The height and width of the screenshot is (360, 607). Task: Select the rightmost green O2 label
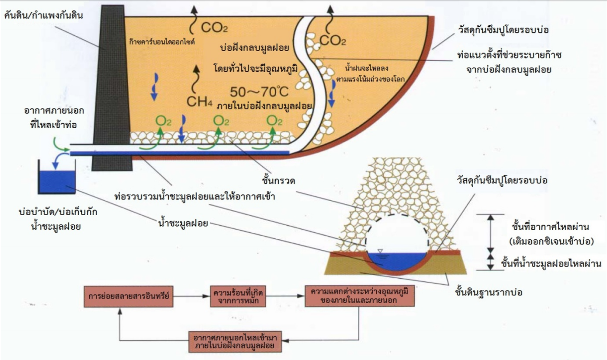[x=274, y=121]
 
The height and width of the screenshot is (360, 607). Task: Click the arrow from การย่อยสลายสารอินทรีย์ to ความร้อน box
[x=192, y=295]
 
